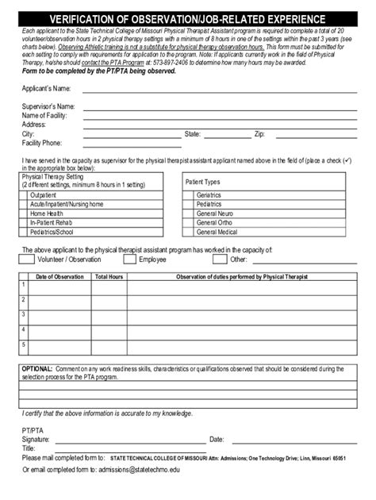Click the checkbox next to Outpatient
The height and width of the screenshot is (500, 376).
tap(24, 194)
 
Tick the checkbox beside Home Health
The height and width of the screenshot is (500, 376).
tap(24, 213)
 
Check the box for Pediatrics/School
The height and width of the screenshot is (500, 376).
tap(24, 233)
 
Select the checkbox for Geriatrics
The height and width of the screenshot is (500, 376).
tap(189, 194)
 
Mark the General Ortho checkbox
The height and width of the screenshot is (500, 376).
tap(189, 223)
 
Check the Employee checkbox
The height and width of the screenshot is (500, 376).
tap(129, 259)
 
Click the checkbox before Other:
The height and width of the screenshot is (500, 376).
tap(219, 259)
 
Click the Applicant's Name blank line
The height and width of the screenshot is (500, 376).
tap(214, 90)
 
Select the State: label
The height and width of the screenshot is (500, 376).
tap(193, 134)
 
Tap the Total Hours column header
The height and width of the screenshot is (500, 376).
tap(109, 276)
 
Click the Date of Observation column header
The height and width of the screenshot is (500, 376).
tap(59, 276)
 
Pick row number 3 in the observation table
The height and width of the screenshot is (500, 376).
tap(24, 314)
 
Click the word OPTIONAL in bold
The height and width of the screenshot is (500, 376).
tap(36, 369)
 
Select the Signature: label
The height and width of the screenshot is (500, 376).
tap(36, 439)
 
